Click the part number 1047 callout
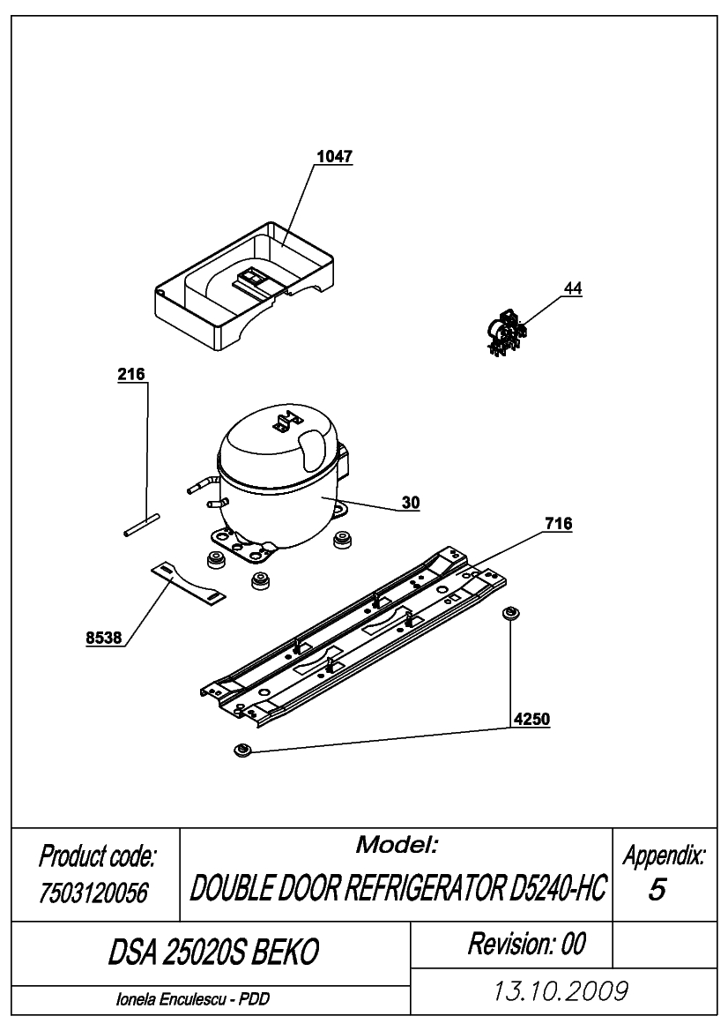coord(334,157)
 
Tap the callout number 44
coord(573,288)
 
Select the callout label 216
coord(130,374)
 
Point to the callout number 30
coord(411,503)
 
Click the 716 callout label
coord(559,524)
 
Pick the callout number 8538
coord(104,638)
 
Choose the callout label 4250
coord(531,720)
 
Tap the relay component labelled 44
coord(507,334)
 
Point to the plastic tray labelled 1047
coord(244,285)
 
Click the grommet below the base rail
coord(242,750)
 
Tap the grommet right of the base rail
coord(510,614)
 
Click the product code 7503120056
coord(94,893)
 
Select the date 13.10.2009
coord(561,990)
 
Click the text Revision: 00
coord(526,944)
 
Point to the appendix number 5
coord(657,889)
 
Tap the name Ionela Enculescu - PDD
coord(192,999)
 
